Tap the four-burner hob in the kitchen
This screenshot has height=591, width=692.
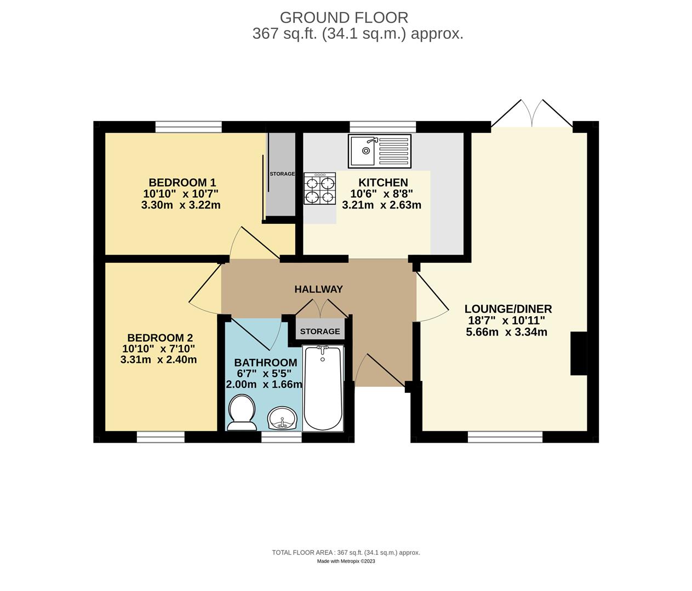click(320, 188)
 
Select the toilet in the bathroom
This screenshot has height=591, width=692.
click(242, 412)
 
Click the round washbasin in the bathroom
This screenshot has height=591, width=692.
click(282, 418)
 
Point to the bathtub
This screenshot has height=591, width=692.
click(323, 389)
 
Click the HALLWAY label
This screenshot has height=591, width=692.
click(318, 289)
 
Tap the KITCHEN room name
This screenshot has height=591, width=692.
click(383, 183)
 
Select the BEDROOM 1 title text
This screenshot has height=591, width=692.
click(182, 183)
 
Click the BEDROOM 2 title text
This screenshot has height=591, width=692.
click(160, 338)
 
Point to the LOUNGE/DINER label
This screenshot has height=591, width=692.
click(508, 309)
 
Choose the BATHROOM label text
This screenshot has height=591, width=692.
click(266, 363)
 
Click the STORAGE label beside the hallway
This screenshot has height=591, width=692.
click(320, 332)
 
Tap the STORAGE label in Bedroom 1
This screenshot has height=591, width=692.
click(282, 174)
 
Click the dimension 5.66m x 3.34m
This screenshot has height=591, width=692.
click(506, 332)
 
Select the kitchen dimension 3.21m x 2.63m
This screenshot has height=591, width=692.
click(381, 205)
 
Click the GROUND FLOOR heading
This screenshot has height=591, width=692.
click(344, 18)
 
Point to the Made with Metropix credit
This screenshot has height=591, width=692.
click(346, 561)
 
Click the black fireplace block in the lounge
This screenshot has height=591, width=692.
click(579, 354)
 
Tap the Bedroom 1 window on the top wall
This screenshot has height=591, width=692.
click(188, 127)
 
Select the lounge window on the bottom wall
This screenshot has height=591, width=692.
click(505, 437)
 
